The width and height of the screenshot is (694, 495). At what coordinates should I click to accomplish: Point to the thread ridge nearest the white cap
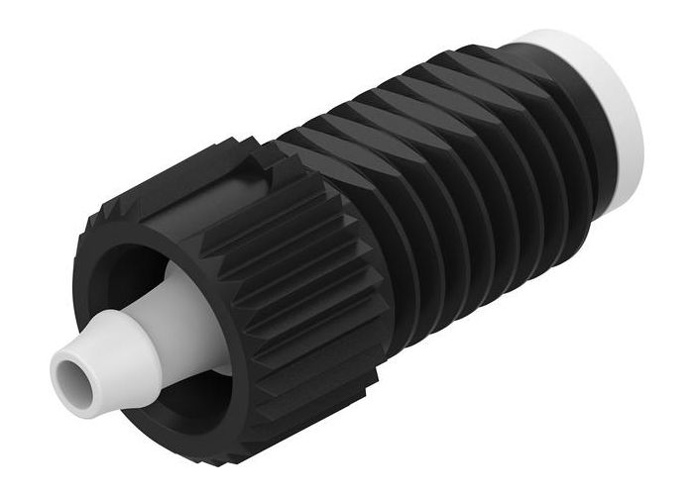point(555,148)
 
